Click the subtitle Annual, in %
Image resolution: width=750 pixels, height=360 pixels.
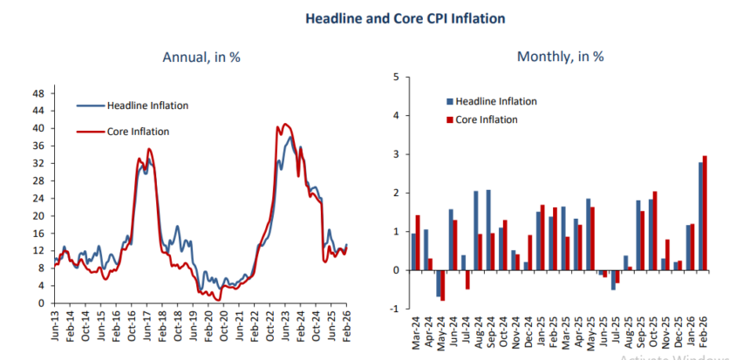(201, 58)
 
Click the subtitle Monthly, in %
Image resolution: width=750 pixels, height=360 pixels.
(561, 58)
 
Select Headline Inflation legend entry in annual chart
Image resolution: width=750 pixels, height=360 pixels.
(147, 105)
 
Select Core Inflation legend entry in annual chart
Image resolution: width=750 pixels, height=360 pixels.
(138, 132)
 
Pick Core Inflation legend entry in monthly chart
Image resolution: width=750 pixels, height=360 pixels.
(490, 119)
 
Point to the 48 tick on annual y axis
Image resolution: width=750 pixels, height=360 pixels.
(38, 92)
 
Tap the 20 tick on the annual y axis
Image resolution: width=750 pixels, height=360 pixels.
(38, 215)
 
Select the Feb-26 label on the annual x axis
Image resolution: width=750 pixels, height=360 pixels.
(346, 323)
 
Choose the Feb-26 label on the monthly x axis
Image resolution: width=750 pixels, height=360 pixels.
(703, 332)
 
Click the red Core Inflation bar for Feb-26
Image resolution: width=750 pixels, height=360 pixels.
(705, 213)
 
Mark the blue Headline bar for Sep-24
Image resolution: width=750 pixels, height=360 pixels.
(488, 230)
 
